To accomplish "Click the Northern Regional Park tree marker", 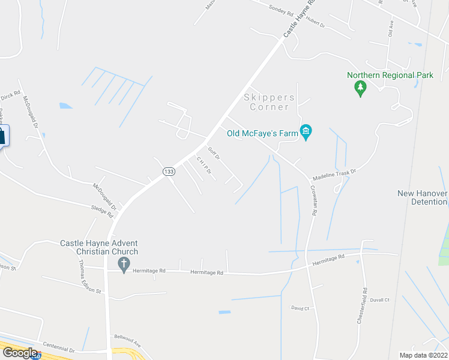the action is pos(360,89).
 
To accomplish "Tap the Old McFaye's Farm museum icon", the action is pos(306,132).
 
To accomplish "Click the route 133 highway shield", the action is pos(169,172).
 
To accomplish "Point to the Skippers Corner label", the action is pos(270,102).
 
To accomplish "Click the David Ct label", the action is pos(300,308).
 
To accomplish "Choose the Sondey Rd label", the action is pos(281,10).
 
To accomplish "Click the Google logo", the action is pos(20,353).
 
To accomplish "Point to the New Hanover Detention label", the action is pos(423,197).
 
